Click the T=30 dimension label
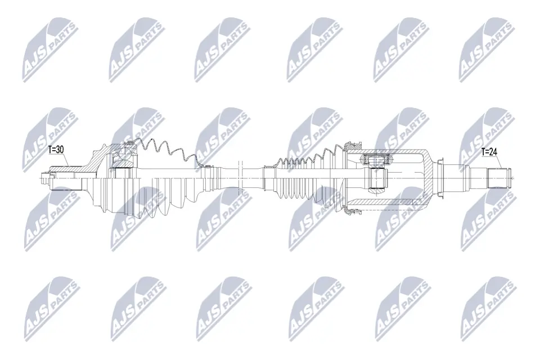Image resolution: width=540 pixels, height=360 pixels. tap(57, 150)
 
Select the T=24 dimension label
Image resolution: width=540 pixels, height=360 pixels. tap(490, 151)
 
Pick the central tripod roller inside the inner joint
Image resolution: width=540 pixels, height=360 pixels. tap(377, 179)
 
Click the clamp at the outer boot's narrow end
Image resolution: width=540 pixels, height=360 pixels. tap(208, 167)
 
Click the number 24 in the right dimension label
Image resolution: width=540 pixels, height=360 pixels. tap(494, 151)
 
